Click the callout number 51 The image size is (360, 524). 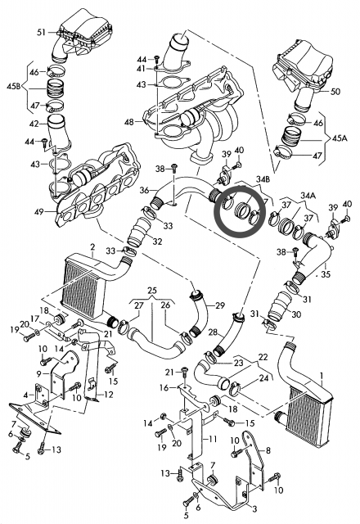coord(42,33)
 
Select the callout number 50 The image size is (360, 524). coord(335,91)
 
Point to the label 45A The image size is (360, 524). coord(340,138)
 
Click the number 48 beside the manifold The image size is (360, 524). coord(129,122)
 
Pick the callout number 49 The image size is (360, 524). coord(39,211)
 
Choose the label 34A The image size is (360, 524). coord(308,195)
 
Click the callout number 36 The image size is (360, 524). coord(144,191)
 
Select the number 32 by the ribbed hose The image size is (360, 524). coord(157,242)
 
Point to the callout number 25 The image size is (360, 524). coord(152,290)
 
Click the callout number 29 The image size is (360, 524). coord(220,305)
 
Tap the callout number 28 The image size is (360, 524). coord(213,332)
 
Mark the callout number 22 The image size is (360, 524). coord(263,357)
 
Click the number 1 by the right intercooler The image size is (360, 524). coord(322,376)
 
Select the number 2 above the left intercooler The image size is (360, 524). coord(92,247)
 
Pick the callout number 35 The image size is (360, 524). coord(326,274)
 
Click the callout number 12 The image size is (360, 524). coord(109,395)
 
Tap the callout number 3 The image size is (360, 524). coord(254,509)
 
